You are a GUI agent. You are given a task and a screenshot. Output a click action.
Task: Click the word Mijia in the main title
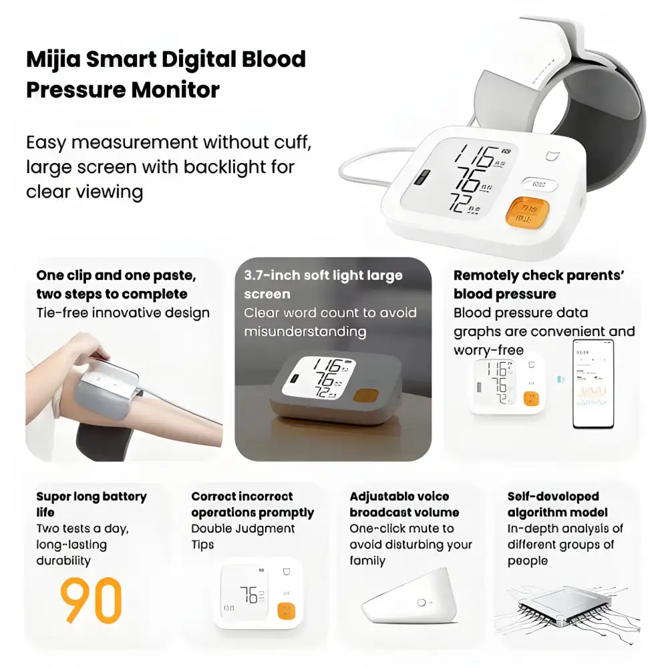coord(51,60)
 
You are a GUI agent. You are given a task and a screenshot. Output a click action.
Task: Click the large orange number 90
coord(91,600)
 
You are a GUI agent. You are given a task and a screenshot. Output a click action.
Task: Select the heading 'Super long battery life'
coord(91,504)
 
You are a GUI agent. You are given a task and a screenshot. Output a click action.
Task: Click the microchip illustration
coord(568,607)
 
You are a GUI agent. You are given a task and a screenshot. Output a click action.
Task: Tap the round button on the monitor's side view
coord(422,603)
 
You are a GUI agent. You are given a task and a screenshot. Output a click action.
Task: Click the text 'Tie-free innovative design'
coord(123,313)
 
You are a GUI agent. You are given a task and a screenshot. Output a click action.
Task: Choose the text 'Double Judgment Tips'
coord(242,536)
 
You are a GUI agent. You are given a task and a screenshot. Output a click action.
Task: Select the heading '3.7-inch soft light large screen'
coord(323,285)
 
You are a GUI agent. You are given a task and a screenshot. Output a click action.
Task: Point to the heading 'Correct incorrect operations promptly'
coord(253,504)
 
